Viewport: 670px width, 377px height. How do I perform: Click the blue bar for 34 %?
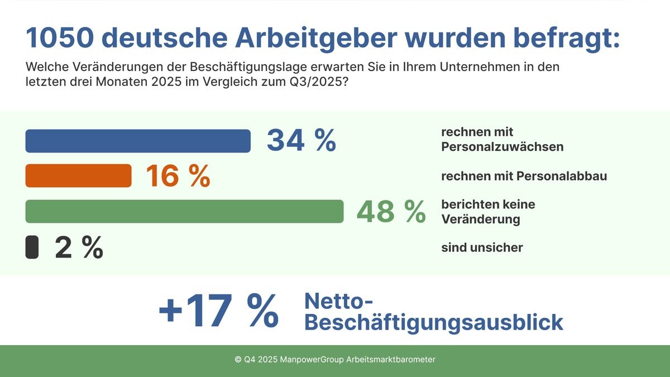point(138,141)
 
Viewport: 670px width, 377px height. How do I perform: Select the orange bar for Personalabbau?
point(78,175)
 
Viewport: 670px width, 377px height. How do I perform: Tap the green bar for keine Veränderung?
point(184,211)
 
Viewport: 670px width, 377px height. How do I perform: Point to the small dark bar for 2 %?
point(32,247)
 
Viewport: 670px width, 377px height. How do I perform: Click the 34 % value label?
point(301,140)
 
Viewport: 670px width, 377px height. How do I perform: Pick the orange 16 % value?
point(178,176)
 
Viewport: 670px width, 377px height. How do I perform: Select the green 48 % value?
point(391,212)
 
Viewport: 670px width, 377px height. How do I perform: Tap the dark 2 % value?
point(79,247)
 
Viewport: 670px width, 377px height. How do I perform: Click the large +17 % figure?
point(218,312)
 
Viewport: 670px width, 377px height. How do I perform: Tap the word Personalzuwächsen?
point(502,147)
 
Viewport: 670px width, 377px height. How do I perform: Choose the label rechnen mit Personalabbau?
point(524,176)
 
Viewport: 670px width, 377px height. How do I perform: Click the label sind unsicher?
point(482,247)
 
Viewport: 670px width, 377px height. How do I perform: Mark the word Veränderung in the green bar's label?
point(480,219)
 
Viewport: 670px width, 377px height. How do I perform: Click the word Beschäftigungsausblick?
point(434,323)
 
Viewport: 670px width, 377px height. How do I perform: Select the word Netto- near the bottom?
point(338,302)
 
